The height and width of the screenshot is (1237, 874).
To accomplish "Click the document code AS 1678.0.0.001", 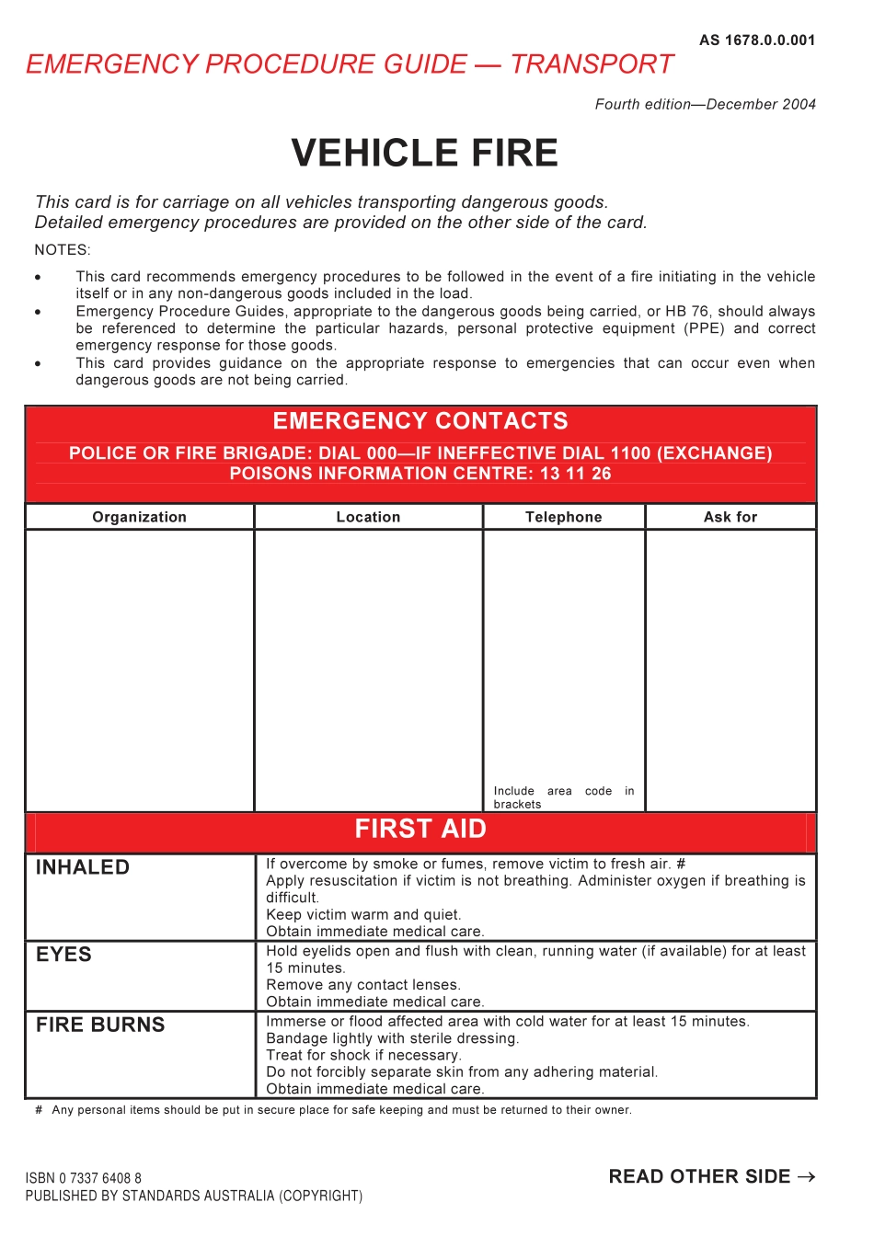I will tap(756, 40).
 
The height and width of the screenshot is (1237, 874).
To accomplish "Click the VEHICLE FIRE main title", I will tap(424, 153).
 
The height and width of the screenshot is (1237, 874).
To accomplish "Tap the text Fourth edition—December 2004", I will tap(705, 105).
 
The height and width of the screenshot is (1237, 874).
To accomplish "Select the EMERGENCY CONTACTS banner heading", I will tap(420, 421).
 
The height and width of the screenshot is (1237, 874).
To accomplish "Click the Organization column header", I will tap(139, 517).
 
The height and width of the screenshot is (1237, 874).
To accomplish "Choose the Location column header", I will tap(368, 517).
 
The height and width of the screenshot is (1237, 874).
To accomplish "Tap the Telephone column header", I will tap(563, 517).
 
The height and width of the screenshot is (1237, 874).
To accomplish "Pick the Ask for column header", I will tap(730, 517).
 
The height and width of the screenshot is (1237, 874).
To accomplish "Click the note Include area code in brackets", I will tap(563, 797).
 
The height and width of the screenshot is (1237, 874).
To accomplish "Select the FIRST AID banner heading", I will tap(420, 830).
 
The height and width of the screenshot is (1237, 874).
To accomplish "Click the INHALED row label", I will tap(83, 867).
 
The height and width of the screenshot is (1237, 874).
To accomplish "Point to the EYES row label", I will tap(63, 955).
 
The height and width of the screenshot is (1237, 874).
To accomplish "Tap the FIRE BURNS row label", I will tap(100, 1025).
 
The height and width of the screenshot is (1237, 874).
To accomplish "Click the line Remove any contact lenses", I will tap(363, 985).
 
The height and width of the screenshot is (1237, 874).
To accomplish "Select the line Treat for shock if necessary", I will tap(363, 1055).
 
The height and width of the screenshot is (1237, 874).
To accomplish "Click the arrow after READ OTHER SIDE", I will tap(806, 1177).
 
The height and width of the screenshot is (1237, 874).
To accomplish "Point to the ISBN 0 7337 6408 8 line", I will tap(84, 1178).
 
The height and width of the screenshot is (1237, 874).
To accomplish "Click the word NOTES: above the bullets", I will tap(63, 250).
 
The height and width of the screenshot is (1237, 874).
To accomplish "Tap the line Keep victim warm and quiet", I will tap(363, 914).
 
